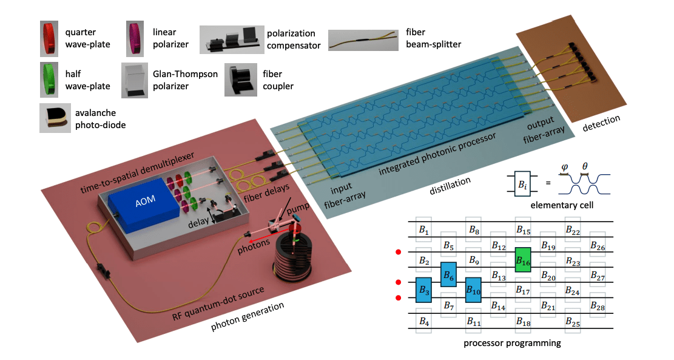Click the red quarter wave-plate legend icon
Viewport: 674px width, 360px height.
coord(49,36)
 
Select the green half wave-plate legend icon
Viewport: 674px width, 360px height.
coord(49,80)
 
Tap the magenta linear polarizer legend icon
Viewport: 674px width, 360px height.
coord(135,36)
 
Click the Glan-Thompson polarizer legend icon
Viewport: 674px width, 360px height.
coord(137,81)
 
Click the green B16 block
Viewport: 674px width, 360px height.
coord(523,259)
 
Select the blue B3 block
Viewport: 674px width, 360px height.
coord(423,290)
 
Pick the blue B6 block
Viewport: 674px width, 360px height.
coord(448,275)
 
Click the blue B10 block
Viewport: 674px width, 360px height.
coord(473,290)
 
